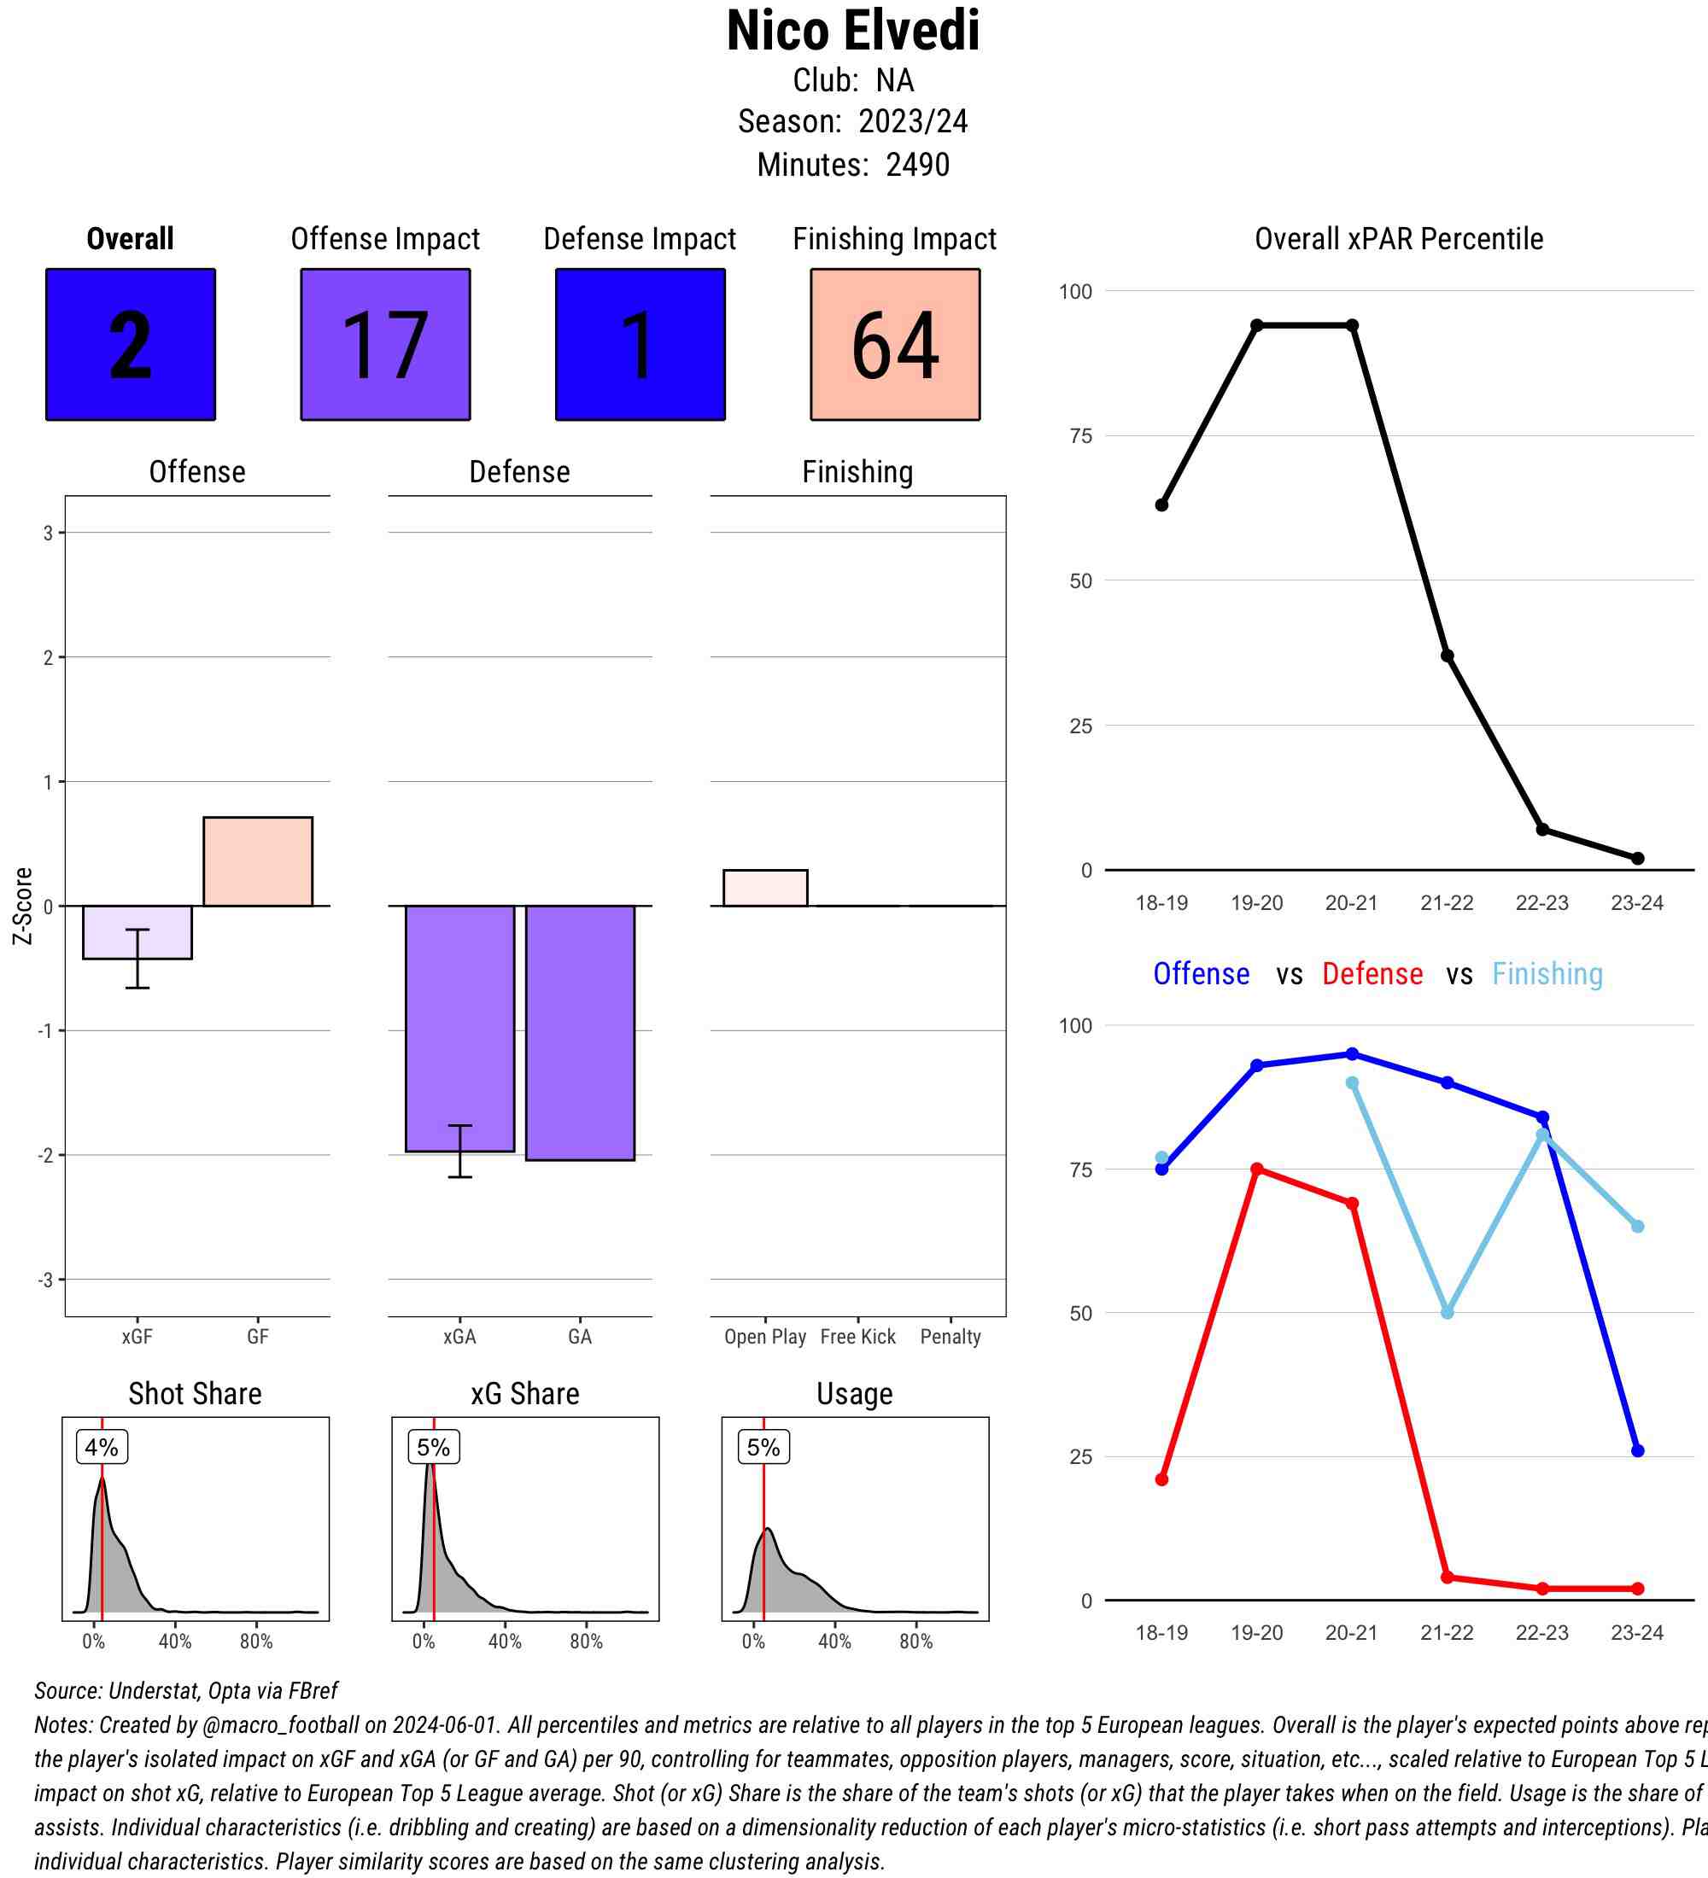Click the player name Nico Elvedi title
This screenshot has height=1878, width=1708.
point(852,32)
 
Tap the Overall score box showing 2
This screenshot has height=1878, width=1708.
point(131,345)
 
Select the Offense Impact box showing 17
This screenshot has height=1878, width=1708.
point(385,345)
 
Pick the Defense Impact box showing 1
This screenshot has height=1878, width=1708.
point(640,345)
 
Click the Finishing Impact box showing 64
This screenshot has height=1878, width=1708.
point(894,345)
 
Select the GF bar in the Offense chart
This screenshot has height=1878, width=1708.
point(257,860)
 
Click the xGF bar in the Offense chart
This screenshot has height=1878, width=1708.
point(137,931)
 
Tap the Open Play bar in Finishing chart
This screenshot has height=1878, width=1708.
point(765,888)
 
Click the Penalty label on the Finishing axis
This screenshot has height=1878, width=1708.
point(951,1337)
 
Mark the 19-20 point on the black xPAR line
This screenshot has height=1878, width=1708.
point(1257,325)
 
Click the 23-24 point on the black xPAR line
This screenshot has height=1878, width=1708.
point(1637,858)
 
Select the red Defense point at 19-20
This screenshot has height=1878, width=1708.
point(1257,1169)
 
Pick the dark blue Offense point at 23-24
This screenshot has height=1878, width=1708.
point(1637,1450)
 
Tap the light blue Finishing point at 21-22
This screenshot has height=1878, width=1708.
point(1447,1313)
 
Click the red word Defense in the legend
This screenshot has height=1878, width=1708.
point(1372,974)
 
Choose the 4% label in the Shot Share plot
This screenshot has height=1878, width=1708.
point(102,1448)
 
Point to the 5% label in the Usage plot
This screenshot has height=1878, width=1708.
point(763,1448)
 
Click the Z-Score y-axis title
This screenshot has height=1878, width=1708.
point(22,906)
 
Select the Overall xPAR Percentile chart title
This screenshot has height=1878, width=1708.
point(1399,239)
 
